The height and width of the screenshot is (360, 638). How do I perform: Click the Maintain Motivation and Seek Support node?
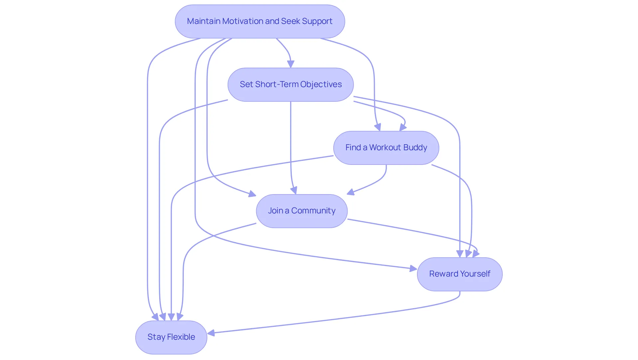click(x=260, y=21)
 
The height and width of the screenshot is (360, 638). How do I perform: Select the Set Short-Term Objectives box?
click(x=291, y=84)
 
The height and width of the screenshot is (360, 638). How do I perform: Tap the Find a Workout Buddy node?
click(x=386, y=148)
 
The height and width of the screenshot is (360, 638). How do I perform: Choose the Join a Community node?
click(x=302, y=211)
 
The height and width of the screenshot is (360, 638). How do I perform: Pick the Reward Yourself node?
click(x=460, y=274)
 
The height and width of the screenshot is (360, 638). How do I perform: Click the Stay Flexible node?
click(x=171, y=337)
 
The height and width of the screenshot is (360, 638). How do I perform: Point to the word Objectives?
click(x=321, y=85)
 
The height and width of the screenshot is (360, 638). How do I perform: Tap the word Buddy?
click(x=415, y=148)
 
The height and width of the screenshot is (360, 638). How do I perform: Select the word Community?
click(x=313, y=211)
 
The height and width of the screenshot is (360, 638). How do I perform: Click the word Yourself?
click(x=476, y=274)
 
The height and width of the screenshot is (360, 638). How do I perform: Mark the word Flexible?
click(x=181, y=337)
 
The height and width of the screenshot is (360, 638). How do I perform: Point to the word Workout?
click(x=385, y=148)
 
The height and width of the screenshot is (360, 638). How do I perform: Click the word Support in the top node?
click(x=317, y=22)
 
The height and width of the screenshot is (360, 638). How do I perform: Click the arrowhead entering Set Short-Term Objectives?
click(x=291, y=64)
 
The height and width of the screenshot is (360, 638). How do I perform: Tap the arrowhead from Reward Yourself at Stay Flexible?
click(x=211, y=332)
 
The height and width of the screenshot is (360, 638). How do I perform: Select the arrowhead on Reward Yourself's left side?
click(x=413, y=268)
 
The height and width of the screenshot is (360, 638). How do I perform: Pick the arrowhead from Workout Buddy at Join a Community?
click(x=351, y=192)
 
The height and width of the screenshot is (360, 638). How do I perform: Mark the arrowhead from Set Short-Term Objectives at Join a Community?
click(x=294, y=190)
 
